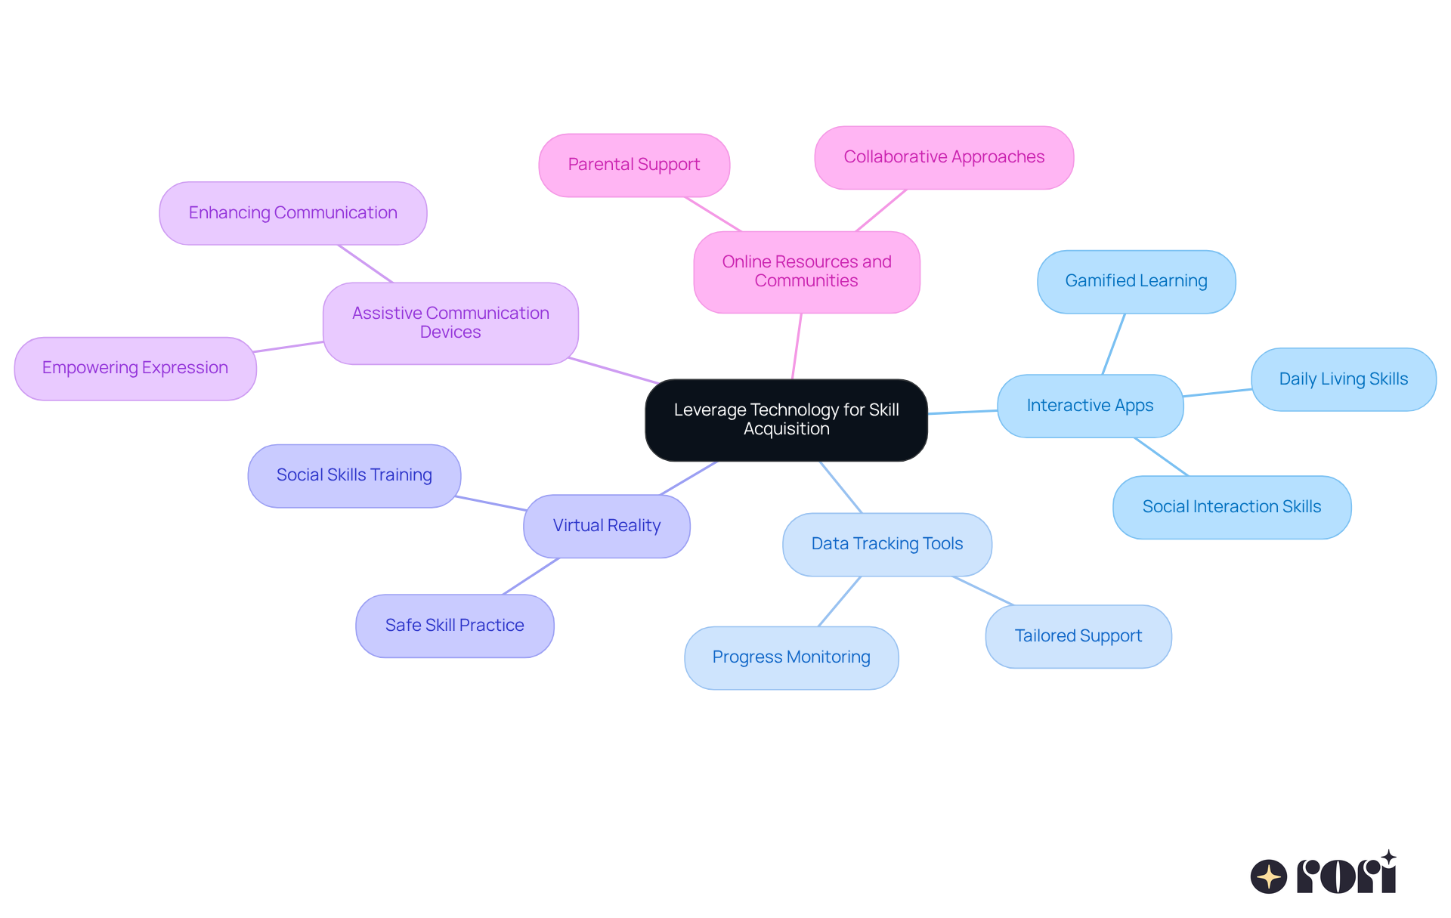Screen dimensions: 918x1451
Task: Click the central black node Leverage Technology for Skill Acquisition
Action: tap(786, 420)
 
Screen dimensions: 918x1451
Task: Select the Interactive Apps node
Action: tap(1090, 406)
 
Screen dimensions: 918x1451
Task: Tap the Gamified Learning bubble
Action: tap(1136, 281)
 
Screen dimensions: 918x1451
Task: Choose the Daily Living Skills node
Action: tap(1343, 379)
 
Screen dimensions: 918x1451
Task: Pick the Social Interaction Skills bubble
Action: tap(1231, 507)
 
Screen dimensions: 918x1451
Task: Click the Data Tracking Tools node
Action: tap(886, 544)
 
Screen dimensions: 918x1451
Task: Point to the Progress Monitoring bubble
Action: tap(790, 657)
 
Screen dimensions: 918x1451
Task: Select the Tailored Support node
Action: tap(1078, 636)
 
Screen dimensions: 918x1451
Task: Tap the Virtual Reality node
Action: tap(606, 526)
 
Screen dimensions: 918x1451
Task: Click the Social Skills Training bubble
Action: tap(354, 475)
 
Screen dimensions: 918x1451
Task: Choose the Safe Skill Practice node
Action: tap(454, 626)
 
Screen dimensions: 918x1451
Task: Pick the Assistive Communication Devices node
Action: tap(450, 323)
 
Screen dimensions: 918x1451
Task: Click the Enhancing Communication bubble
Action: tap(292, 213)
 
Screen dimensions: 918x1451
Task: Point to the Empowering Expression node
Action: tap(135, 368)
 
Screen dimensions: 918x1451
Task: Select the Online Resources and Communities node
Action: tap(806, 272)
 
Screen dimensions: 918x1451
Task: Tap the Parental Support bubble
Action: tap(633, 165)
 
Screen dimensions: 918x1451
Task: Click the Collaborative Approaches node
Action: tap(943, 157)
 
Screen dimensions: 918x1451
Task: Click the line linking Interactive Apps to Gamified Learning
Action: tap(1113, 345)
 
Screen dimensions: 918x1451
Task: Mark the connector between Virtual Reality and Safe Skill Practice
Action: tap(531, 576)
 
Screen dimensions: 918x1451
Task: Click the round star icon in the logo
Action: tap(1268, 876)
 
